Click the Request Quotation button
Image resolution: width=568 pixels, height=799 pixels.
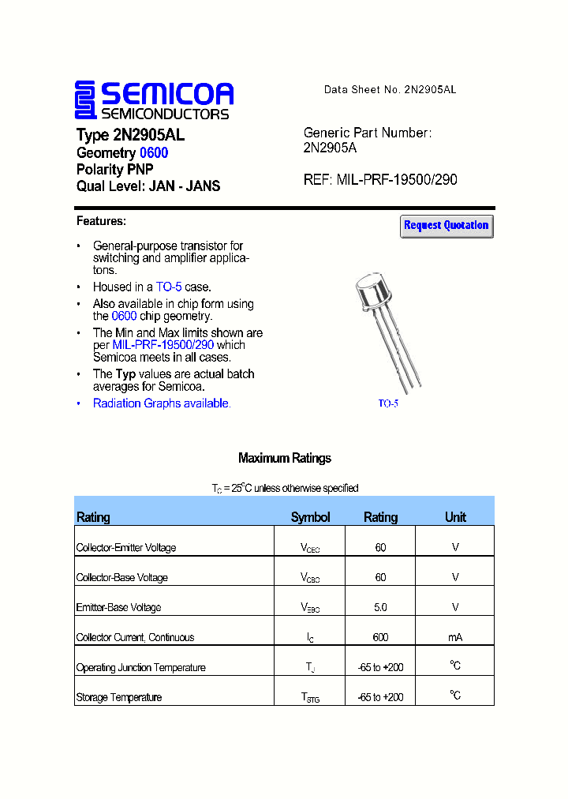tap(447, 226)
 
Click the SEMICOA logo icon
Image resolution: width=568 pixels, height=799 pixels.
tap(85, 100)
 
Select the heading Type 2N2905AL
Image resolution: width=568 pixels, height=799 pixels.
tap(130, 135)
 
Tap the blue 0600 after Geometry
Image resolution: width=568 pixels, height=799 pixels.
tap(154, 153)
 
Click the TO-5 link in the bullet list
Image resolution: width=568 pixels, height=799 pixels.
tap(169, 287)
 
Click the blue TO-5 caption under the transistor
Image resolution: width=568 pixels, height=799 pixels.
tap(388, 403)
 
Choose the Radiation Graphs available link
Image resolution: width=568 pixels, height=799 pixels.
tap(161, 403)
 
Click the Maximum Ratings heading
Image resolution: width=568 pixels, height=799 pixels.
tap(284, 458)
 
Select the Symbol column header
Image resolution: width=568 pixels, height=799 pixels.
tap(310, 517)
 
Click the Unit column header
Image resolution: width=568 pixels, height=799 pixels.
tap(455, 517)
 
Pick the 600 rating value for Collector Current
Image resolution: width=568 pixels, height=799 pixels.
tap(380, 637)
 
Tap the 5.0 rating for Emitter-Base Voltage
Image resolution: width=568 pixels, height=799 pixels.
tap(380, 607)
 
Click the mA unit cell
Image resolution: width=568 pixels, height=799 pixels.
tap(455, 637)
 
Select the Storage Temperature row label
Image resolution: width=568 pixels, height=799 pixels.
tap(119, 697)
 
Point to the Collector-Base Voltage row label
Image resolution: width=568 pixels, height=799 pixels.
tap(122, 577)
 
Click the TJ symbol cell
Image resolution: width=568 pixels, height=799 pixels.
tap(310, 668)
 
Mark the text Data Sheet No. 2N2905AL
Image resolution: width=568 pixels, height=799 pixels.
tap(390, 90)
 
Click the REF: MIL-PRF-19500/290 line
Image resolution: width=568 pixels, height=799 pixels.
tap(380, 180)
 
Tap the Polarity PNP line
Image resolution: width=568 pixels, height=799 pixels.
tap(115, 170)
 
